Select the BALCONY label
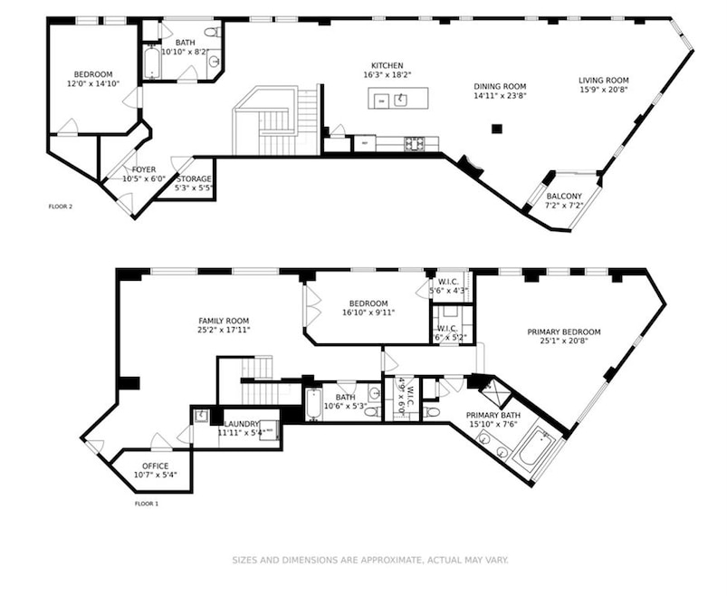point(564,197)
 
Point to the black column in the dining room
point(496,129)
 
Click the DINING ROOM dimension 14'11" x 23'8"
point(500,97)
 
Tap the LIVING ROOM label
point(603,81)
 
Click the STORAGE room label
point(194,178)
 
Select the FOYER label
point(143,169)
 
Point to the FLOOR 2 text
point(61,207)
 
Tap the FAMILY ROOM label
point(224,321)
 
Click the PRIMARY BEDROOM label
point(563,332)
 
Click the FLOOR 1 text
point(146,503)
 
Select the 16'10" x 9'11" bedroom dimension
point(365,313)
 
